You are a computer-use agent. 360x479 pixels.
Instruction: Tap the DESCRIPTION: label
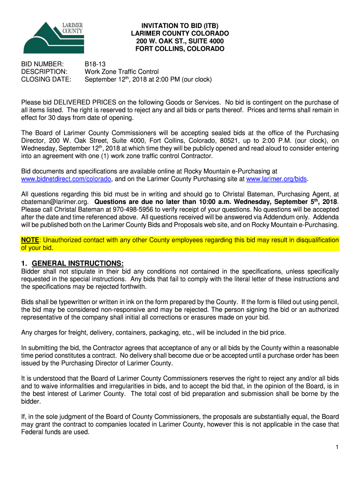pos(44,72)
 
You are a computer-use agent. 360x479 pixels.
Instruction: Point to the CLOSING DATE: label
pos(46,80)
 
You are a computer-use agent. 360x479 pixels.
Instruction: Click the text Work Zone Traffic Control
pos(122,72)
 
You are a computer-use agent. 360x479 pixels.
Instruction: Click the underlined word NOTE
pos(30,240)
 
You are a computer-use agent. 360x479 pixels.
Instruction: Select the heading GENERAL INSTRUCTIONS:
pos(78,263)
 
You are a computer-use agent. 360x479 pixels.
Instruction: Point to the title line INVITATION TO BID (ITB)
pos(180,26)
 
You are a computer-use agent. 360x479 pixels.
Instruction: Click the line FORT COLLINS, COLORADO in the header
pos(180,49)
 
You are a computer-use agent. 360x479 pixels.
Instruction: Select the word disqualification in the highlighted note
pos(315,240)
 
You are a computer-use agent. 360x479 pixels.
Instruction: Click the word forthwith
pos(133,287)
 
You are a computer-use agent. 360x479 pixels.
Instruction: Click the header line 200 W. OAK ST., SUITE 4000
pos(180,41)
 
